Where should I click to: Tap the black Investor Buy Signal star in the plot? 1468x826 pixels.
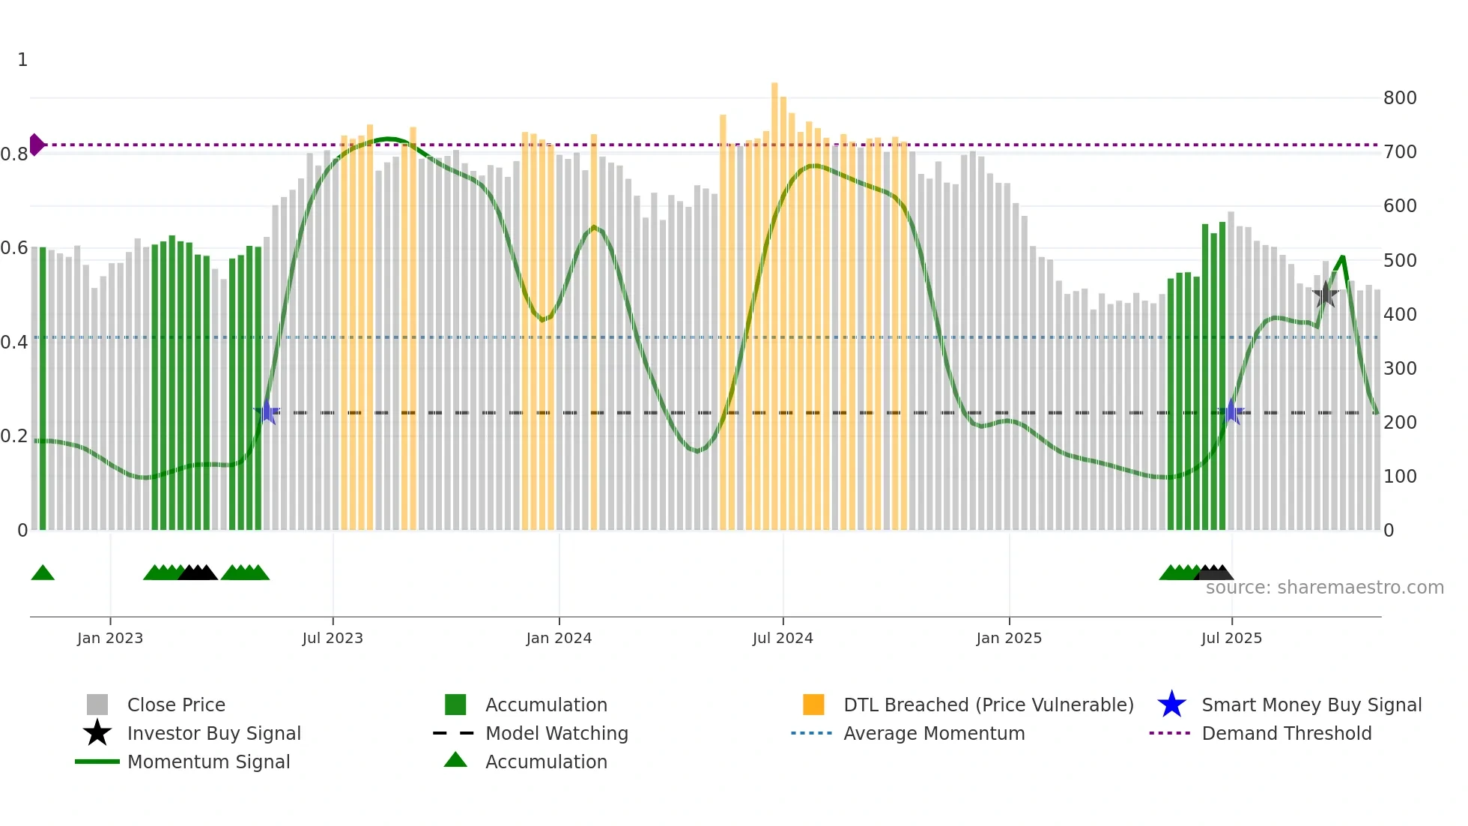coord(1326,295)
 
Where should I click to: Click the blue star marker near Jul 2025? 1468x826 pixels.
coord(1231,412)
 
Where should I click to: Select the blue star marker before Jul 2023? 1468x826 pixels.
coord(267,412)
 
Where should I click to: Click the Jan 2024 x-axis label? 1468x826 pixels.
coord(559,638)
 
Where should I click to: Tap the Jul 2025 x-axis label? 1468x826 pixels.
coord(1231,638)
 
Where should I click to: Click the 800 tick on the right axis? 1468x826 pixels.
coord(1399,98)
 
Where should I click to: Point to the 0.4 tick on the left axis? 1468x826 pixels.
coord(14,343)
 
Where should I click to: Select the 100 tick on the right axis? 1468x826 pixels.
coord(1399,477)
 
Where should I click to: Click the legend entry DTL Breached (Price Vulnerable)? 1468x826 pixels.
coord(988,705)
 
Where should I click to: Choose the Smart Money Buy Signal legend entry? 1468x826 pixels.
coord(1311,705)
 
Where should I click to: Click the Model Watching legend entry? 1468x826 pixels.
coord(556,733)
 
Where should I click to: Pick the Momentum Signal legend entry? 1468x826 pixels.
coord(208,762)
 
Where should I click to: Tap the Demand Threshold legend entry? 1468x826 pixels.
coord(1286,733)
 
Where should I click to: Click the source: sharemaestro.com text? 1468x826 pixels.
coord(1324,588)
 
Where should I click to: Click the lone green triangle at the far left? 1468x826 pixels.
coord(43,573)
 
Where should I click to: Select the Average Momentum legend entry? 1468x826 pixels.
coord(933,733)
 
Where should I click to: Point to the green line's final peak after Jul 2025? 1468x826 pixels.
coord(1342,257)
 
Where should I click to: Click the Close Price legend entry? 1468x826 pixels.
coord(176,705)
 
